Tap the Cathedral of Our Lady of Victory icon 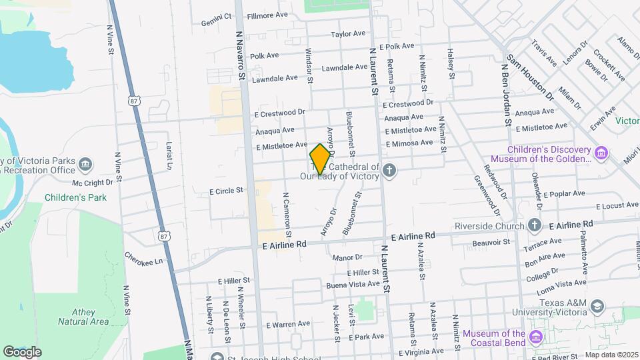click(389, 172)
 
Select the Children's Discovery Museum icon click(602, 154)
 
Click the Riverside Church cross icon click(535, 225)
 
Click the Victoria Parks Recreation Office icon click(85, 165)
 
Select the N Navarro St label click(241, 57)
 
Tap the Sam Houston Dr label click(531, 78)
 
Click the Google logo click(22, 351)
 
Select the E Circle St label click(226, 191)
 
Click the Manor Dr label click(347, 257)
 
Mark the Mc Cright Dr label click(92, 183)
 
